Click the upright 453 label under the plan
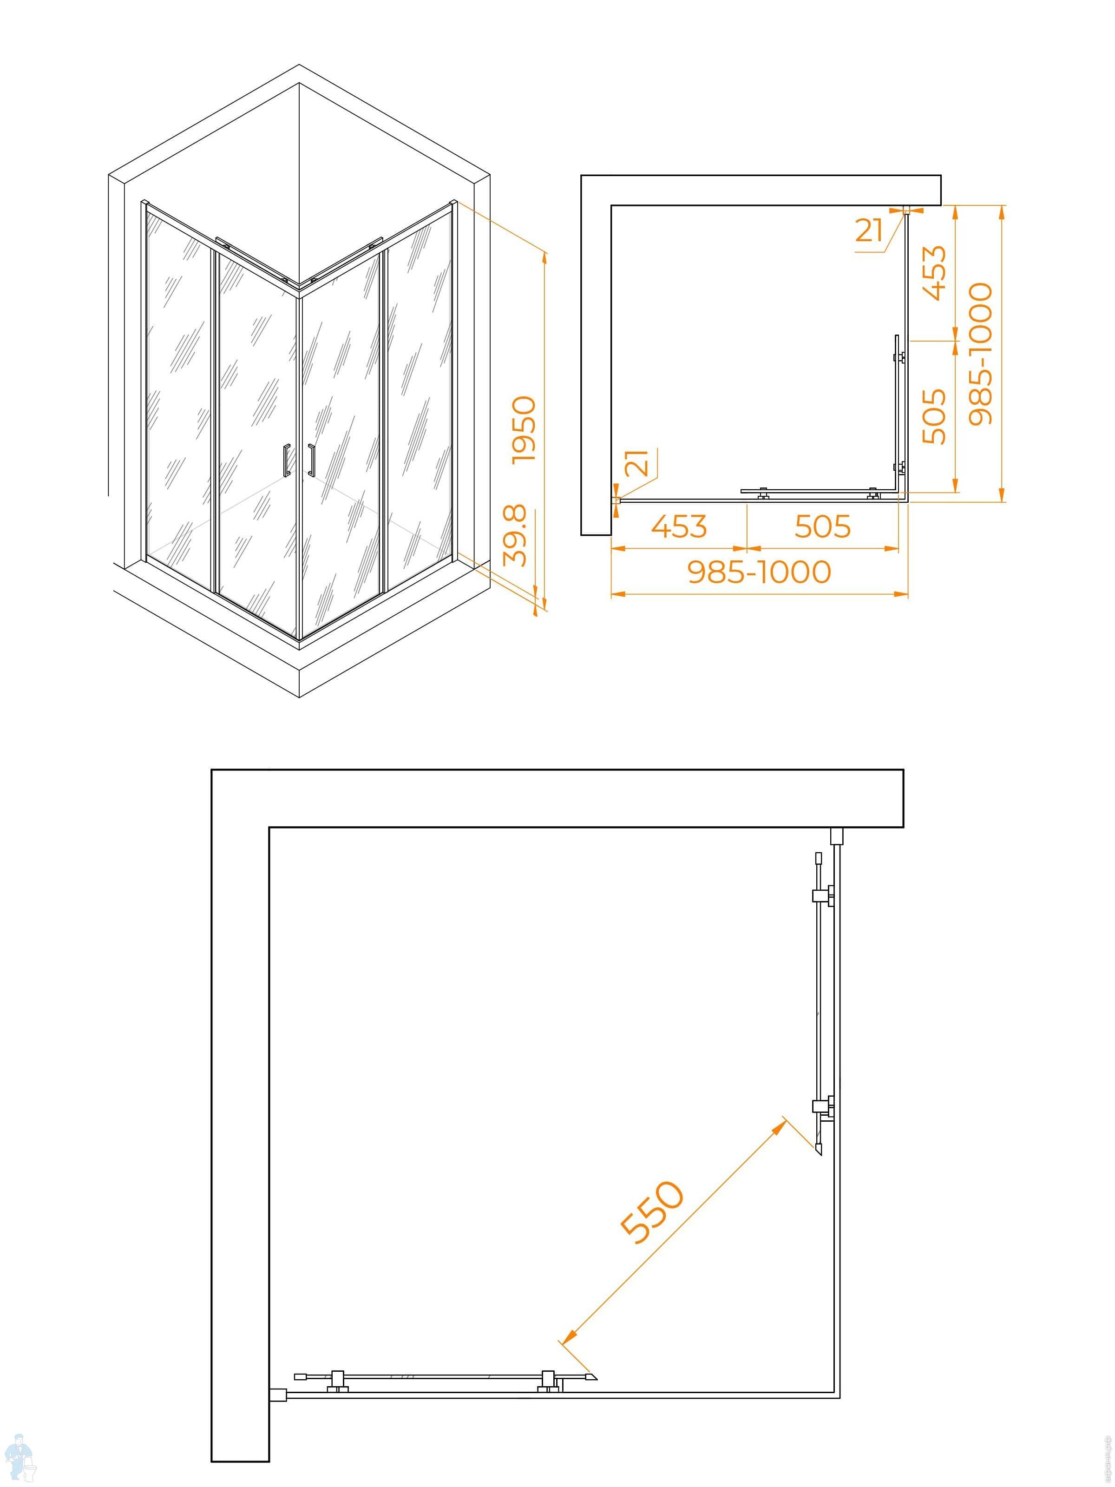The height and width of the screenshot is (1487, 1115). point(679,526)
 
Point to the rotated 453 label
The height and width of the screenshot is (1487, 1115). point(934,273)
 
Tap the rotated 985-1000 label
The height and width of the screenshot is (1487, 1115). point(980,354)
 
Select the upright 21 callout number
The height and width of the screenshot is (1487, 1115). point(869,230)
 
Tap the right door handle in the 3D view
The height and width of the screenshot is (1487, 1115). point(311,461)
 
